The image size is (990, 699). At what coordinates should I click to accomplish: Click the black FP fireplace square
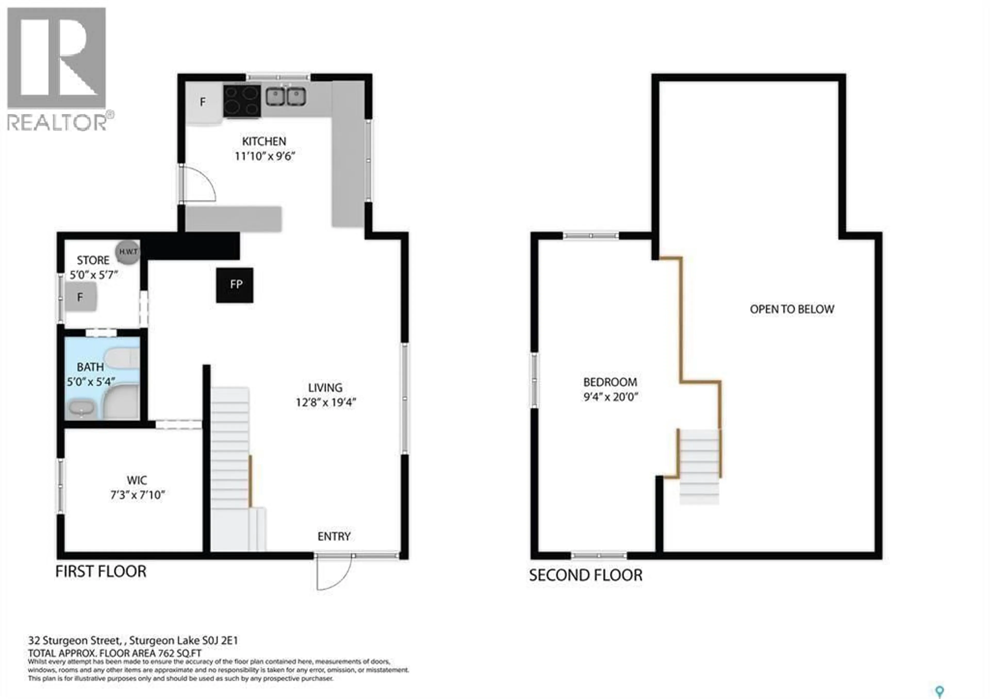coord(235,285)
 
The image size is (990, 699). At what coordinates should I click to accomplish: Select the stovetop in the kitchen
coord(242,101)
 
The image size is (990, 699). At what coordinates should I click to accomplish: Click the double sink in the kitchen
coord(285,97)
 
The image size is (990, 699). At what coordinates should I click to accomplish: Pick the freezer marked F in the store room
coord(81,297)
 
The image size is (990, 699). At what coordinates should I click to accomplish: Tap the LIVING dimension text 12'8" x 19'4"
coord(326,402)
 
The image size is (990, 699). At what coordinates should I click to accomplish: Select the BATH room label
coord(90,367)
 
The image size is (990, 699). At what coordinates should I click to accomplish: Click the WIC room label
coord(137,480)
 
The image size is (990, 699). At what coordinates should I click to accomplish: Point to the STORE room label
coord(93,260)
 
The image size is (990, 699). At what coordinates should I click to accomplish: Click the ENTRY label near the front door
coord(334,536)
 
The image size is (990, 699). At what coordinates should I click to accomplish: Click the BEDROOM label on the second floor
coord(610,382)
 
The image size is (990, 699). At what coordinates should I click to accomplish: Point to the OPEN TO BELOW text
coord(792,309)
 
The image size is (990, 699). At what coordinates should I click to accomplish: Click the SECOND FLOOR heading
coord(585,575)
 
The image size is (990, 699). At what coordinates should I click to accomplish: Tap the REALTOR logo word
coord(57,122)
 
